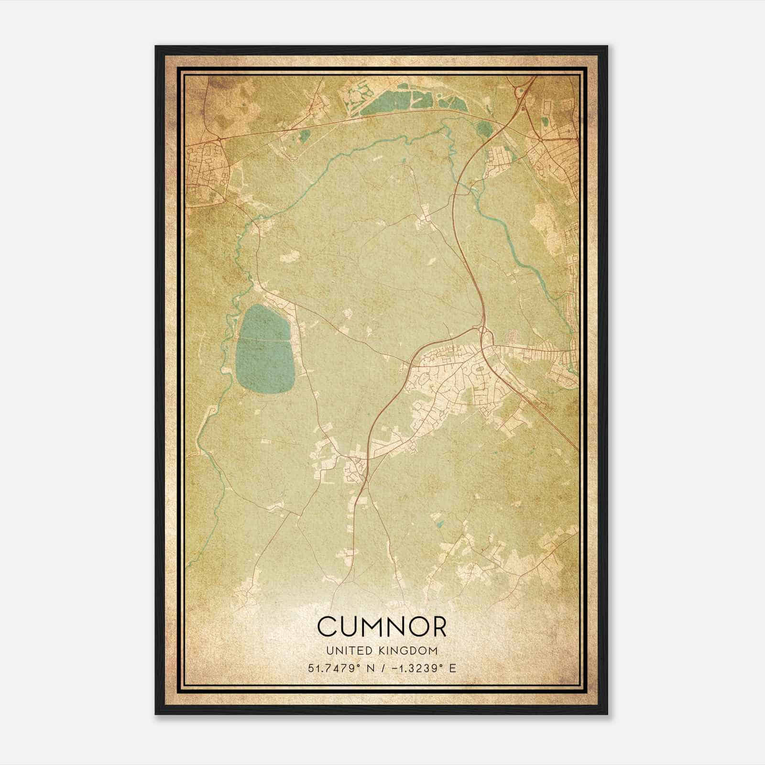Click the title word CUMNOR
pyautogui.click(x=382, y=627)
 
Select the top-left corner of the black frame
pyautogui.click(x=156, y=47)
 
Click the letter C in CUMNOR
pyautogui.click(x=328, y=627)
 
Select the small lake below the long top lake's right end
pyautogui.click(x=484, y=128)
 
